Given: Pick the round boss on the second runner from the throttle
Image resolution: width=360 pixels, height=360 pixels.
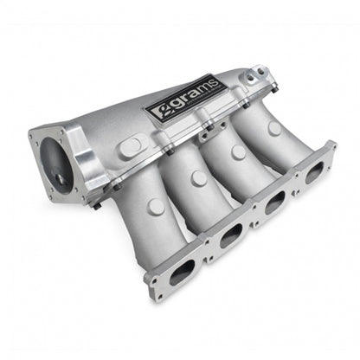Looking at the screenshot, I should tap(198, 179).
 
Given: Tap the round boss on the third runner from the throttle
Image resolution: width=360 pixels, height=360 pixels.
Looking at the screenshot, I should tap(238, 152).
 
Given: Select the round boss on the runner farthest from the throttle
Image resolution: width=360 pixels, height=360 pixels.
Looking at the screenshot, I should tap(273, 128).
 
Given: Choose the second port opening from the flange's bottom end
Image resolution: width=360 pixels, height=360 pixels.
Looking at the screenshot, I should tap(229, 236).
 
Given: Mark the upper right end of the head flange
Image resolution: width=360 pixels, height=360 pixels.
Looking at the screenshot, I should tap(331, 149).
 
